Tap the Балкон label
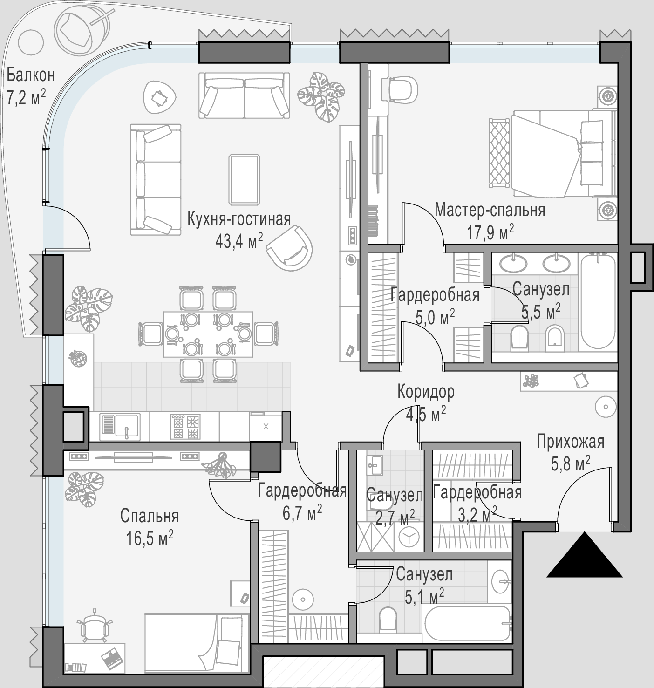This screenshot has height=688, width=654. pyautogui.click(x=31, y=75)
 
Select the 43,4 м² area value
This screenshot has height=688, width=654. pyautogui.click(x=239, y=241)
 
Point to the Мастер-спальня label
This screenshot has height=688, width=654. pyautogui.click(x=490, y=210)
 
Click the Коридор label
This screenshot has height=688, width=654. pyautogui.click(x=426, y=392)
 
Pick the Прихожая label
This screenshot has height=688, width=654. pyautogui.click(x=571, y=442)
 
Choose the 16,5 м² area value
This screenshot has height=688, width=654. pyautogui.click(x=150, y=538)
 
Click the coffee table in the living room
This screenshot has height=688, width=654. pyautogui.click(x=245, y=179)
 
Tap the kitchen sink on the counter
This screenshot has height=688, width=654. pyautogui.click(x=120, y=427)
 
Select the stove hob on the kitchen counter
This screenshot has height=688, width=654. pyautogui.click(x=185, y=427)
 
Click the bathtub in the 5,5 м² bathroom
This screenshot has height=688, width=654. pyautogui.click(x=598, y=302)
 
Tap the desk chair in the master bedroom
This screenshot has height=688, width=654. pyautogui.click(x=403, y=89)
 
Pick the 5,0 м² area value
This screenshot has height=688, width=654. pyautogui.click(x=435, y=317)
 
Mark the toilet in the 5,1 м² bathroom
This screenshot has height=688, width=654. pyautogui.click(x=388, y=619)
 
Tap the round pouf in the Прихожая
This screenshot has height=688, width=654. pyautogui.click(x=606, y=407)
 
